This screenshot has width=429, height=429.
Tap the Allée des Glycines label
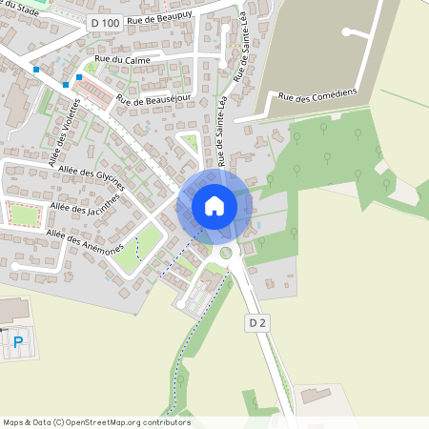92,174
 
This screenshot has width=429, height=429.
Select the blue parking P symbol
17,341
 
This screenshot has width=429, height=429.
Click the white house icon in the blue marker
214,206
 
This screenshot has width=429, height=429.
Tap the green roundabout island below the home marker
226,253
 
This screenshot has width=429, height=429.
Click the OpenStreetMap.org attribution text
124,422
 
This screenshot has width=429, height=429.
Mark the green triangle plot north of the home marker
190,144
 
